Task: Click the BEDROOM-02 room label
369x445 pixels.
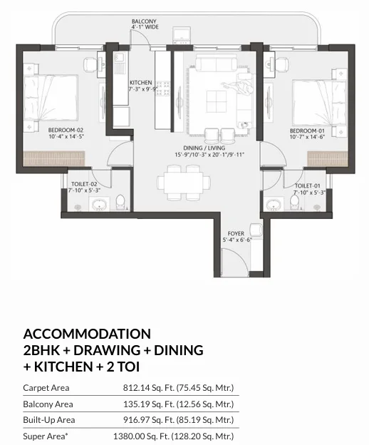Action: click(x=66, y=131)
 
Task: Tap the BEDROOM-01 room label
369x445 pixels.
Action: click(x=307, y=131)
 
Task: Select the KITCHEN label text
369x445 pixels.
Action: click(x=141, y=83)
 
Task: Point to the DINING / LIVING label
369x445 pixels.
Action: click(x=204, y=148)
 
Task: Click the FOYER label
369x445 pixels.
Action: click(x=236, y=233)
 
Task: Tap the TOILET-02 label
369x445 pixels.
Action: click(x=84, y=184)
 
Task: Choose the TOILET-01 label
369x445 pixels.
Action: click(x=308, y=186)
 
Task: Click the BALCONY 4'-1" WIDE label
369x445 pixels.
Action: click(x=145, y=24)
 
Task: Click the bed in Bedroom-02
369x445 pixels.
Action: click(x=51, y=98)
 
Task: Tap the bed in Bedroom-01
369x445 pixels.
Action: click(x=320, y=103)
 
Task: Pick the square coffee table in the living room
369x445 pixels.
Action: click(x=217, y=101)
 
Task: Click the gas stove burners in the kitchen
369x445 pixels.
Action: click(x=164, y=89)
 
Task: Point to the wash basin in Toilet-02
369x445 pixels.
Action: click(x=99, y=205)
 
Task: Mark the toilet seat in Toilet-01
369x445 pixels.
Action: click(x=294, y=203)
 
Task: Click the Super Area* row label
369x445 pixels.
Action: click(x=46, y=436)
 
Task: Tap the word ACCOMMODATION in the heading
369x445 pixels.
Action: click(x=87, y=334)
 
